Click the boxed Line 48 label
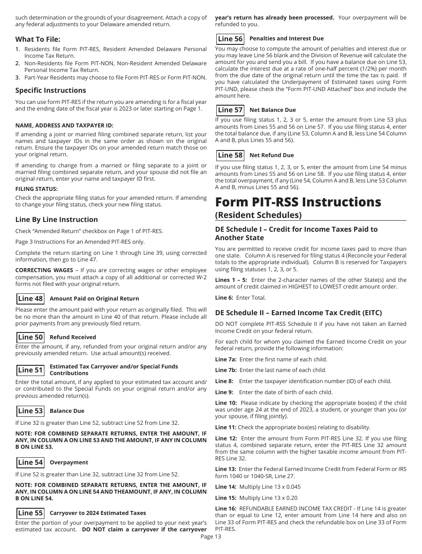point(30,299)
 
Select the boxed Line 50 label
point(30,337)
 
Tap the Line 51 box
point(30,370)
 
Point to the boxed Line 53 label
point(30,411)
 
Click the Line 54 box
point(30,463)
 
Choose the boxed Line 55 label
point(30,513)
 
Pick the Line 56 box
point(230,39)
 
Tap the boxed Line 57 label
point(230,110)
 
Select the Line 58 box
point(230,155)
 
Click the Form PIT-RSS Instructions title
point(298,202)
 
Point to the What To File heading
point(38,39)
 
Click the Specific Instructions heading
point(51,91)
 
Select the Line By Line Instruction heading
point(56,219)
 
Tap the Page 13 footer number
point(211,536)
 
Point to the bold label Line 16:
point(226,509)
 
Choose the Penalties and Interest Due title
point(287,39)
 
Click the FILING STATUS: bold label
point(36,189)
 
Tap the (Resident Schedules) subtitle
point(258,215)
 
